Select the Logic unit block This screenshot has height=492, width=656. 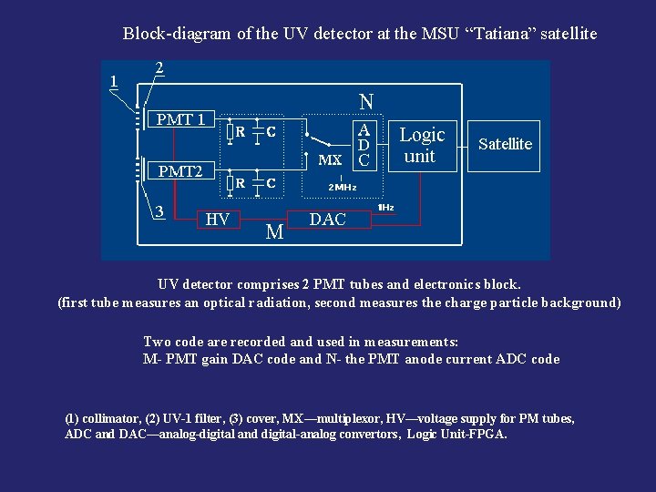pyautogui.click(x=422, y=145)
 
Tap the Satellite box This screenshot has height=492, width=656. pyautogui.click(x=505, y=144)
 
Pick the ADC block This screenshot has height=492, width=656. pyautogui.click(x=364, y=145)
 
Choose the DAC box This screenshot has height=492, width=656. pyautogui.click(x=328, y=220)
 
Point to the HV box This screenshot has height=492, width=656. pyautogui.click(x=217, y=219)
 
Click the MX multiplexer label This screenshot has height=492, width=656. pyautogui.click(x=330, y=159)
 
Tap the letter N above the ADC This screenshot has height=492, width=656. pyautogui.click(x=365, y=101)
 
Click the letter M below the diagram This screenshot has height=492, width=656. pyautogui.click(x=274, y=233)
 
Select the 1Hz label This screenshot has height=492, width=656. pyautogui.click(x=385, y=208)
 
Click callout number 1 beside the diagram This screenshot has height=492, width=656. pyautogui.click(x=113, y=80)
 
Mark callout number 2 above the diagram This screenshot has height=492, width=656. pyautogui.click(x=159, y=67)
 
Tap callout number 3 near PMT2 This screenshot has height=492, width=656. pyautogui.click(x=159, y=211)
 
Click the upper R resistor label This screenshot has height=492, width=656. pyautogui.click(x=240, y=131)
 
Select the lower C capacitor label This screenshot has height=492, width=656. pyautogui.click(x=271, y=183)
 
